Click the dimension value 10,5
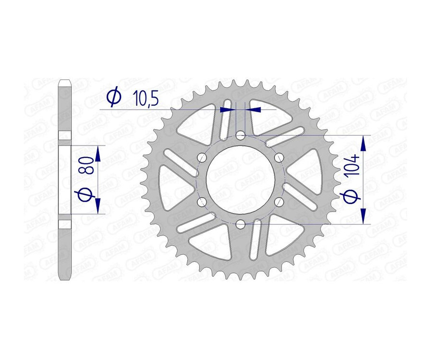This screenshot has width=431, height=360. click(x=145, y=99)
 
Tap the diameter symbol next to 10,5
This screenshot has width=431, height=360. click(x=113, y=98)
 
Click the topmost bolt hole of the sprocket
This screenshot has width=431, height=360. click(x=241, y=137)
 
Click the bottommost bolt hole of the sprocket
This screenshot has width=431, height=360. click(x=241, y=224)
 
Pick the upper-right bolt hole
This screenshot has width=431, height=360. click(x=279, y=158)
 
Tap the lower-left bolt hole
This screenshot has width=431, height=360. click(x=203, y=202)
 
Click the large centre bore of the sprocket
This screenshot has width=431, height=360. click(x=241, y=180)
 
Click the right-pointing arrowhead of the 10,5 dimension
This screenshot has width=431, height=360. click(x=231, y=110)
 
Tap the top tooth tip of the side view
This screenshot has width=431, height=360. click(x=65, y=82)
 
